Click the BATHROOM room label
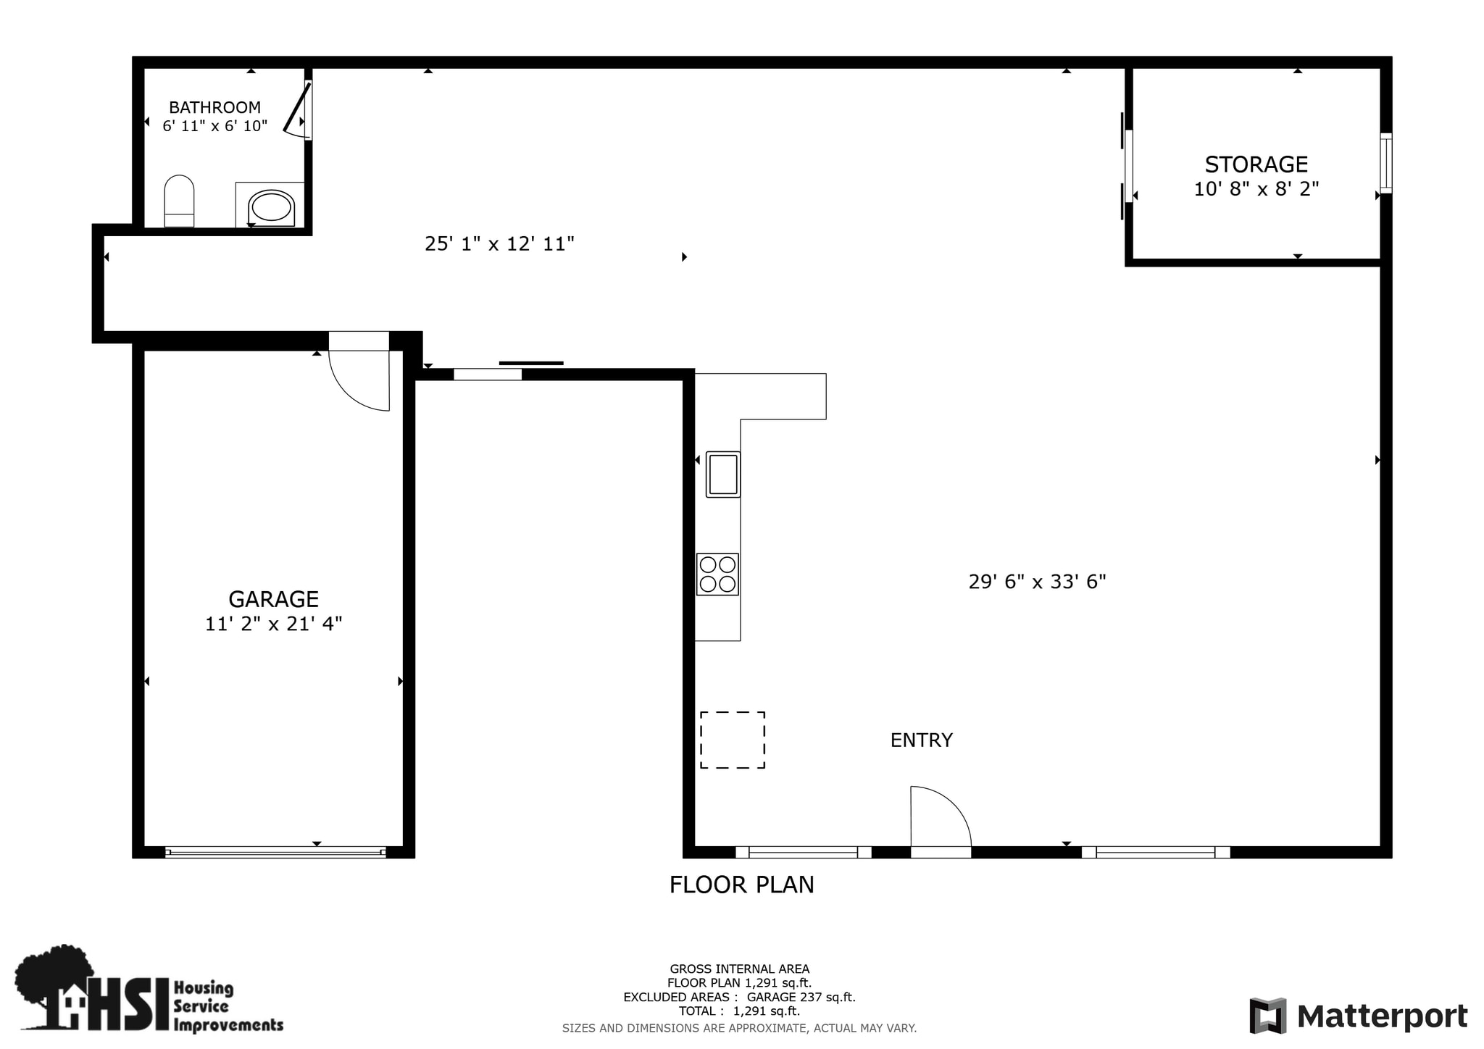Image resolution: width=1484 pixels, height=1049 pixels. [214, 107]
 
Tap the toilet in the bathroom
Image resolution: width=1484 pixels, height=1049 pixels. [179, 200]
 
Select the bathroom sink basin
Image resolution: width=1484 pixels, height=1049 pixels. [271, 206]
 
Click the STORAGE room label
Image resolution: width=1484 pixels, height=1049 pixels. [1256, 164]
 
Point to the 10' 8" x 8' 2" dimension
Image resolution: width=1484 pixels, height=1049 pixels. [1256, 189]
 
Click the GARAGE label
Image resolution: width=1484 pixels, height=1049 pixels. [273, 599]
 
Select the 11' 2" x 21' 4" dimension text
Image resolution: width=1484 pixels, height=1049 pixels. [273, 624]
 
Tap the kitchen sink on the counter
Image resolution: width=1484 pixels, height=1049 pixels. [723, 474]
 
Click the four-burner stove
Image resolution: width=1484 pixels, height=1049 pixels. [717, 574]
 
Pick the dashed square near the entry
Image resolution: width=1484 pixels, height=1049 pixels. [732, 740]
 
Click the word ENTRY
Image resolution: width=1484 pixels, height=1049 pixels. [921, 740]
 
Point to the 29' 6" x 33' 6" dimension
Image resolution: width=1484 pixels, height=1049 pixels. [1037, 582]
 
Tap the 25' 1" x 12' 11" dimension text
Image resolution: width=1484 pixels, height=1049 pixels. [499, 244]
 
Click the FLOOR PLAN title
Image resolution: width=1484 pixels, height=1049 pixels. [741, 885]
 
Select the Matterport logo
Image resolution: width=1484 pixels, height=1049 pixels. [1358, 1016]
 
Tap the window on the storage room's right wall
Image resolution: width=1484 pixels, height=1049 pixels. [1385, 163]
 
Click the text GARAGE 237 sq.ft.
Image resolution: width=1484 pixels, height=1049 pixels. [801, 997]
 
